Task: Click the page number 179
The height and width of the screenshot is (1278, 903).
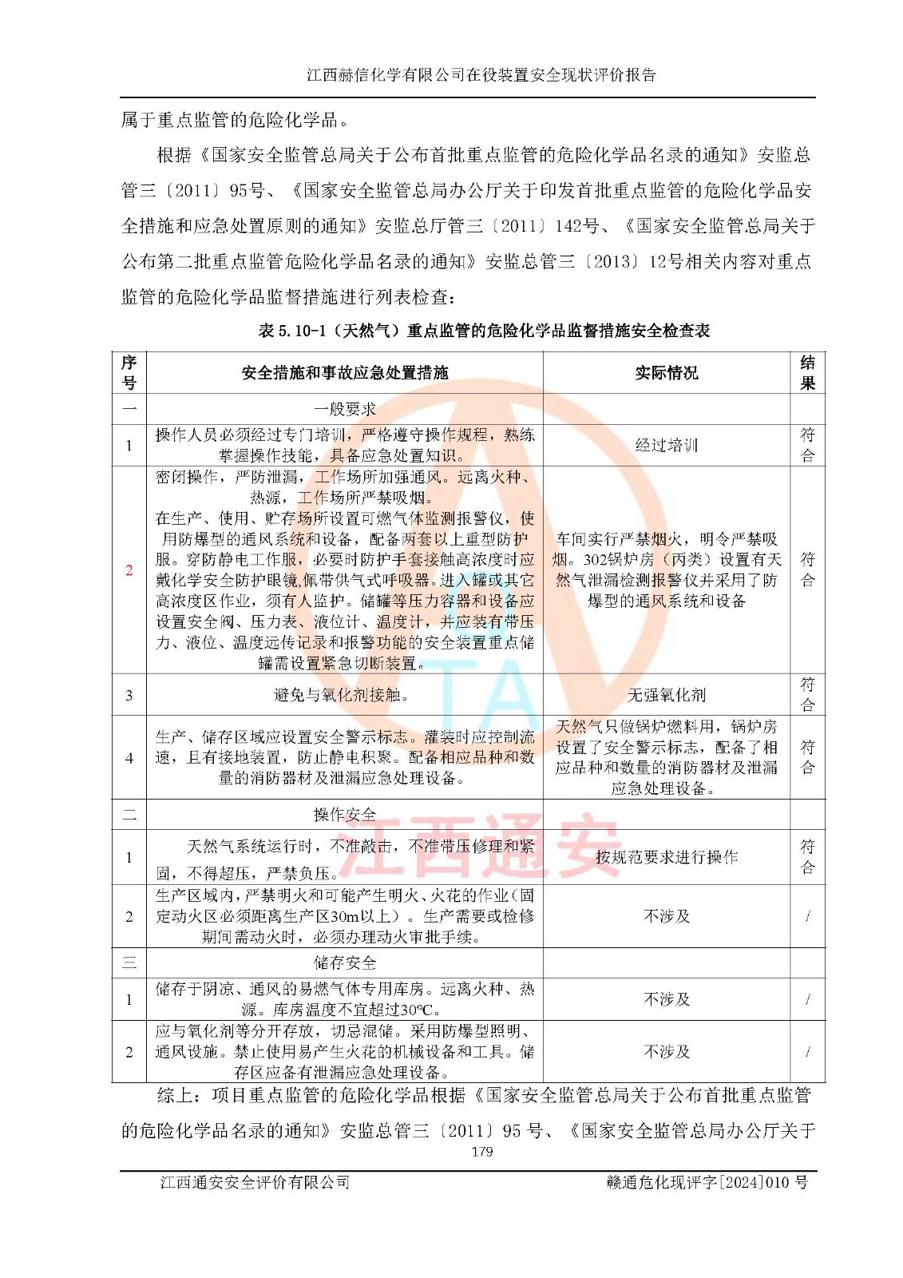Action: point(481,1151)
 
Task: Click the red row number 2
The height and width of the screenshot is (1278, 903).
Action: point(129,570)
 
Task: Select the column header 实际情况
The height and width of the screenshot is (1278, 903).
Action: point(666,372)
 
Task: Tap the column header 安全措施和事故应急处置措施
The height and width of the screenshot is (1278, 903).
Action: point(344,372)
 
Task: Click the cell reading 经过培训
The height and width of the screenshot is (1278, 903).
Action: point(666,445)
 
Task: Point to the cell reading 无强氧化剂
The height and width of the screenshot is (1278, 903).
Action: point(666,695)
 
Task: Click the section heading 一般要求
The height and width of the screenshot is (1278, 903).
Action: point(344,409)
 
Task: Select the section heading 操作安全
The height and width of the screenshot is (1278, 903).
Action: point(344,814)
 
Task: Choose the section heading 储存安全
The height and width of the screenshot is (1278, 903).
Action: point(344,962)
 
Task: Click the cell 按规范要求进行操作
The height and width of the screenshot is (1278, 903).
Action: point(666,857)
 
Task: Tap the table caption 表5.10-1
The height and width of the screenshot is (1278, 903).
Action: point(484,331)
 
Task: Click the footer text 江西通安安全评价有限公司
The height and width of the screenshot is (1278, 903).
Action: point(255,1182)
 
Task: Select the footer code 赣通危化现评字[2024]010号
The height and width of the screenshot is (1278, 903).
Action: point(707,1182)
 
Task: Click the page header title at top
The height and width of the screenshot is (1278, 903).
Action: point(481,75)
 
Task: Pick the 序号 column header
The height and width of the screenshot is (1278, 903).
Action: point(129,372)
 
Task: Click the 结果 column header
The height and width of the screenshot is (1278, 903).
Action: point(807,372)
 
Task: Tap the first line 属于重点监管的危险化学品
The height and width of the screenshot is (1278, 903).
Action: point(236,121)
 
